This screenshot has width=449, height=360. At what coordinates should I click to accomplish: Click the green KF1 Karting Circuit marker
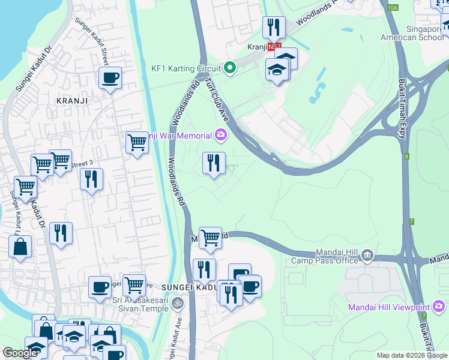click(x=229, y=67)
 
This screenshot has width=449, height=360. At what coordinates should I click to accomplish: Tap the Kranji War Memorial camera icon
click(x=221, y=136)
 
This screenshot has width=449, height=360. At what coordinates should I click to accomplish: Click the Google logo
click(x=20, y=353)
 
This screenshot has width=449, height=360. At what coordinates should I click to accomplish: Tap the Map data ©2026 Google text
click(x=412, y=355)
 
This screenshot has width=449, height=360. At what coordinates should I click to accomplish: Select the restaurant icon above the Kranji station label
click(x=273, y=27)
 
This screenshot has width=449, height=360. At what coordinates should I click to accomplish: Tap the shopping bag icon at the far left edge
click(x=20, y=246)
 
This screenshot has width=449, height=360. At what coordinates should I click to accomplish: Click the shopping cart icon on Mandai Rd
click(x=210, y=238)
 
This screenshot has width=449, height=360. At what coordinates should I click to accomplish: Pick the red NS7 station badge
click(x=274, y=46)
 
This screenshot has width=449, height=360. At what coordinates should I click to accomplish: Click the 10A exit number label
click(x=393, y=7)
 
